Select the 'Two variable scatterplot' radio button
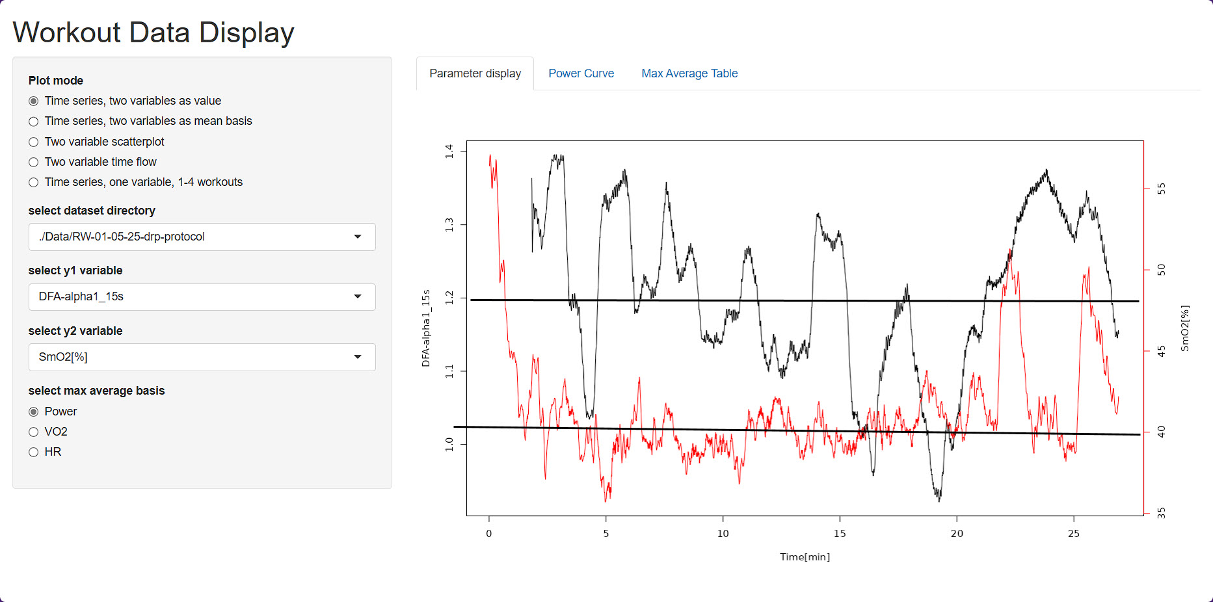34,142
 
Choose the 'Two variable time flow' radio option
34,162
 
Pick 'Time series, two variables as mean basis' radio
34,122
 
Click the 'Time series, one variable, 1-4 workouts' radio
34,183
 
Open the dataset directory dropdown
202,237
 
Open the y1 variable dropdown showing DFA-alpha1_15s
202,296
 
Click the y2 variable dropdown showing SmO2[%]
202,357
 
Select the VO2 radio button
34,432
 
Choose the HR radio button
34,452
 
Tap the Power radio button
34,412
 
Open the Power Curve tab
581,73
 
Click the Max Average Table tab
689,73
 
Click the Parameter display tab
475,73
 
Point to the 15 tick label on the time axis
840,534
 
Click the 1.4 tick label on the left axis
449,151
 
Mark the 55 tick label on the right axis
1161,189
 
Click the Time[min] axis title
805,557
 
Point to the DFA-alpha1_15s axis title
426,328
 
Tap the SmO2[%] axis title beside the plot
1184,328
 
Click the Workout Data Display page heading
153,33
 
